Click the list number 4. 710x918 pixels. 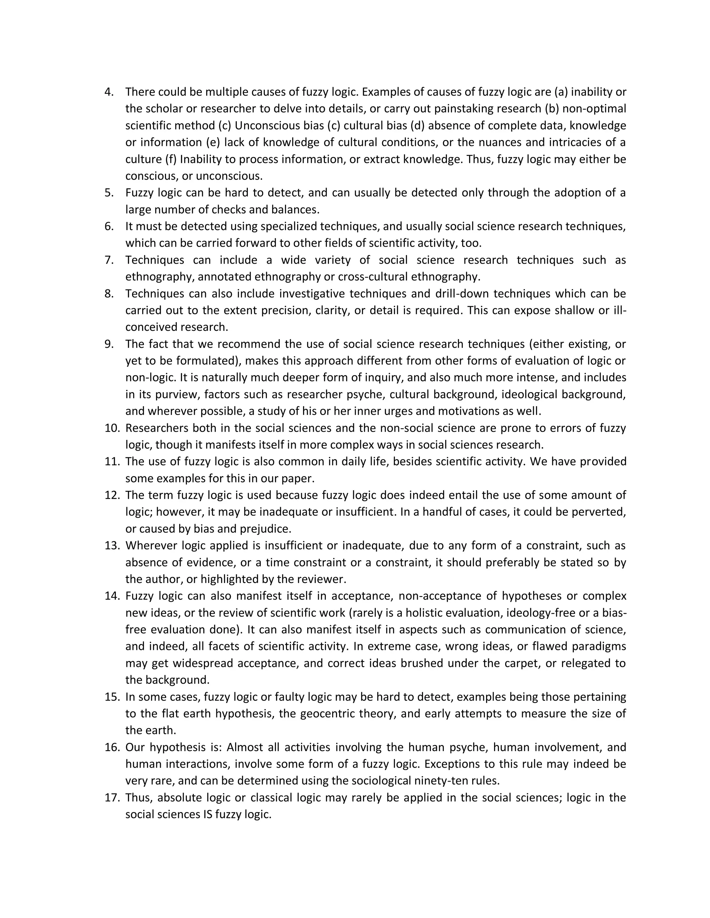pyautogui.click(x=109, y=92)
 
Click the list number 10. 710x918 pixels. pyautogui.click(x=112, y=428)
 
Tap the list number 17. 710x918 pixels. pyautogui.click(x=112, y=797)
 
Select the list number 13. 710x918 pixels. pyautogui.click(x=112, y=546)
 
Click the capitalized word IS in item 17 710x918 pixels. pyautogui.click(x=207, y=814)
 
